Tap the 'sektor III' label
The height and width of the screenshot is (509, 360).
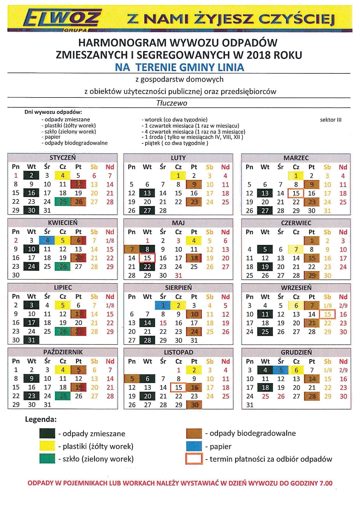coord(331,120)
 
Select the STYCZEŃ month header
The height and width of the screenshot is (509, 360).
coord(63,158)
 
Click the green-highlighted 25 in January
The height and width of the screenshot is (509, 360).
coord(63,202)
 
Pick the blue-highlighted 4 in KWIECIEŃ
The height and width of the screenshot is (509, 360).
coord(47,241)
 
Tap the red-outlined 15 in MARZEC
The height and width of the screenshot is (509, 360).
coord(296,193)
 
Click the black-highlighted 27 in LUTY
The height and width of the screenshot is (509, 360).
coord(147,210)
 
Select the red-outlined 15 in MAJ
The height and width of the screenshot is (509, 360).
coord(147,258)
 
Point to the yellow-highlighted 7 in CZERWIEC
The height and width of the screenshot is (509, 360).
coord(296,249)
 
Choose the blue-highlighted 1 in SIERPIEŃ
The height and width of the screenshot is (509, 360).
coord(163,305)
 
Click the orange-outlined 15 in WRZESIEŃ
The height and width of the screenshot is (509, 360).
coord(327,314)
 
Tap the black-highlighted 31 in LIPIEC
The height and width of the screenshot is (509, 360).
coord(32,340)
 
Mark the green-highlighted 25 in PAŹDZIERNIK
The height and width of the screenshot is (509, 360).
coord(63,396)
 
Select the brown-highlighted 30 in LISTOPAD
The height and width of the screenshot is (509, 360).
coord(194,405)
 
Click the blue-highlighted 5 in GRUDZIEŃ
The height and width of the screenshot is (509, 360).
coord(280,370)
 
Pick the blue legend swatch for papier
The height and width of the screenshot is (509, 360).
coord(194,446)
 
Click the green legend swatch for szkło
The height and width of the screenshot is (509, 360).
coord(47,459)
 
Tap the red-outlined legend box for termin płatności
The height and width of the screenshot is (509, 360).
coord(194,459)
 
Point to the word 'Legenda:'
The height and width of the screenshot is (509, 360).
coord(41,419)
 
